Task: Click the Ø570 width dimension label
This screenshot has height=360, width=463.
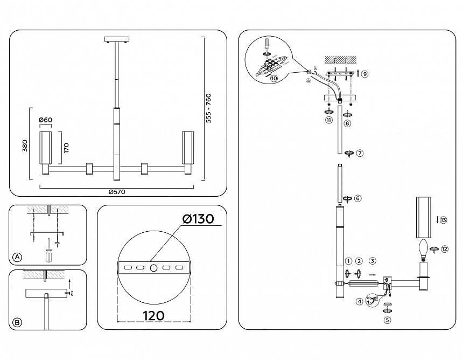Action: [117, 192]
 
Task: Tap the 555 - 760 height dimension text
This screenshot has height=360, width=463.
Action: [208, 108]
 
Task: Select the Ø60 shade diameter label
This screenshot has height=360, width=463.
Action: [45, 120]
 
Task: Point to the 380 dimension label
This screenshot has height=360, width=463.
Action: [25, 146]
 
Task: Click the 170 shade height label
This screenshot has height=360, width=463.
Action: [66, 148]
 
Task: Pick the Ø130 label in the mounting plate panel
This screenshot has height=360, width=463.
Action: [198, 219]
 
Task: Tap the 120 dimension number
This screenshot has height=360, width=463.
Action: [153, 316]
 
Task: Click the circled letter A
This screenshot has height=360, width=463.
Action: [18, 257]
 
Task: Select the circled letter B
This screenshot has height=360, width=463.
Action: [18, 322]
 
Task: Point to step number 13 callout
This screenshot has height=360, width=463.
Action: [443, 220]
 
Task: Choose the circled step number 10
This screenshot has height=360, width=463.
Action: [274, 78]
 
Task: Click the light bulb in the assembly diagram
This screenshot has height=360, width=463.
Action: [424, 249]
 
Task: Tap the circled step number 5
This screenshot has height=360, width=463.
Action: [388, 320]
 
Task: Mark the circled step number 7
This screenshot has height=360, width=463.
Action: [360, 153]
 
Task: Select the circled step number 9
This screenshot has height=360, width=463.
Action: [364, 74]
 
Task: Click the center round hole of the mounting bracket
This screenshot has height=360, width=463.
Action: [153, 268]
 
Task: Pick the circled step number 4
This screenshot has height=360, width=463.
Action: [359, 301]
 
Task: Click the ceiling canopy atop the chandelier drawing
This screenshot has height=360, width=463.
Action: [117, 39]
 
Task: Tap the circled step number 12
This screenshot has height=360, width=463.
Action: [444, 249]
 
